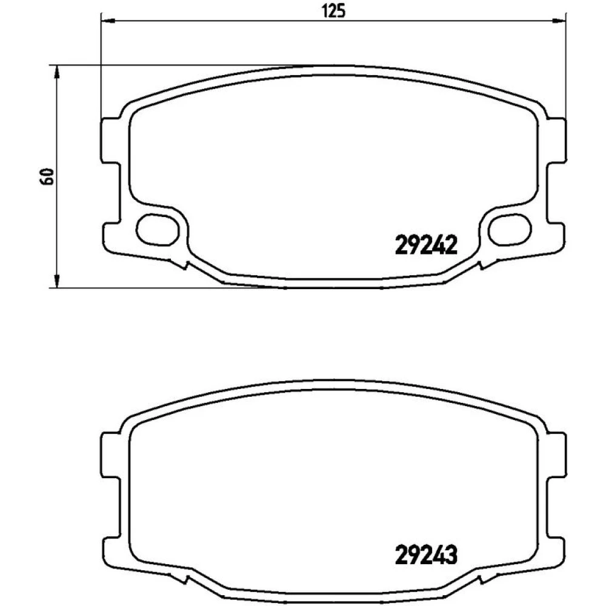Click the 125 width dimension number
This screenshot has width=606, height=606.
(333, 11)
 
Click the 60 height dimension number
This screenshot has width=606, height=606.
(47, 176)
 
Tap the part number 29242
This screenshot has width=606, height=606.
(426, 245)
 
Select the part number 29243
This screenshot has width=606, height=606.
(426, 554)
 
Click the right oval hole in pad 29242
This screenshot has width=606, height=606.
(510, 230)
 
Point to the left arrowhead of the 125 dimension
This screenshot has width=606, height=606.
(108, 20)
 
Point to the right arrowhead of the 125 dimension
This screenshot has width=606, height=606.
(559, 20)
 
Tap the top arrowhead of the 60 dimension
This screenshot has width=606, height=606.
(57, 72)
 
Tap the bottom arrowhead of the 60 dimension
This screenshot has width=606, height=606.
(57, 281)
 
